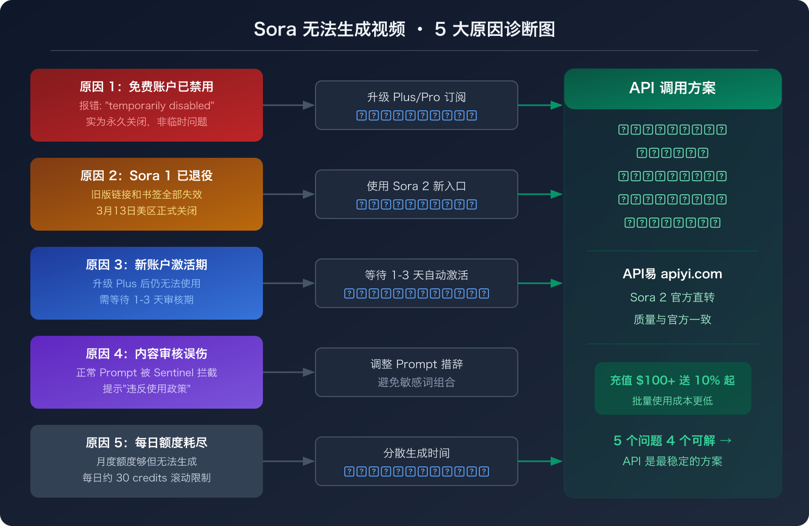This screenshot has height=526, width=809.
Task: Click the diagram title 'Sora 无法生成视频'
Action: pos(329,29)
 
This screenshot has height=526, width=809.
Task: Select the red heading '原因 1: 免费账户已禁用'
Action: pos(146,86)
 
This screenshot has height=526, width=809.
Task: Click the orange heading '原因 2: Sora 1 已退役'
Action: pos(146,176)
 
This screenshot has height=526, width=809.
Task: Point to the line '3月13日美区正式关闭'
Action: pos(146,211)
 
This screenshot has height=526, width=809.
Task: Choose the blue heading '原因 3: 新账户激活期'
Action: pos(146,265)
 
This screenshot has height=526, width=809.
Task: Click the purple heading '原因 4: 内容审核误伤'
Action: pos(146,354)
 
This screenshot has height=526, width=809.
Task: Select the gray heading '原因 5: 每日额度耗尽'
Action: pos(146,443)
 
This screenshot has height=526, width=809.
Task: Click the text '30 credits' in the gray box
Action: pos(142,478)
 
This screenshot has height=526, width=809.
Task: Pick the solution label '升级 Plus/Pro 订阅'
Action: pos(416,97)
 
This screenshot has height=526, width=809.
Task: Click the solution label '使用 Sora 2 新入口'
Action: pos(416,186)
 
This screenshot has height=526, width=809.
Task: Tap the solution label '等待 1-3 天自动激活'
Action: pos(416,275)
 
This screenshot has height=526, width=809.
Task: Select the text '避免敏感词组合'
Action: pos(416,382)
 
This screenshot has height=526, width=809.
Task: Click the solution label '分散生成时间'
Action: pos(416,453)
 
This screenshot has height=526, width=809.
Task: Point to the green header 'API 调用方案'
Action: pos(672,88)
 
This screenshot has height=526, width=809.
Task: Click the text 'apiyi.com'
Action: pos(691,274)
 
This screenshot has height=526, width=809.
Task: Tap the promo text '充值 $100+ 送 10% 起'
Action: pos(672,380)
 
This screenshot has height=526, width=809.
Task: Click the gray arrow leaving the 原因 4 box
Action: pos(289,372)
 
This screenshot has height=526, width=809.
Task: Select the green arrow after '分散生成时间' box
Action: pos(540,461)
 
